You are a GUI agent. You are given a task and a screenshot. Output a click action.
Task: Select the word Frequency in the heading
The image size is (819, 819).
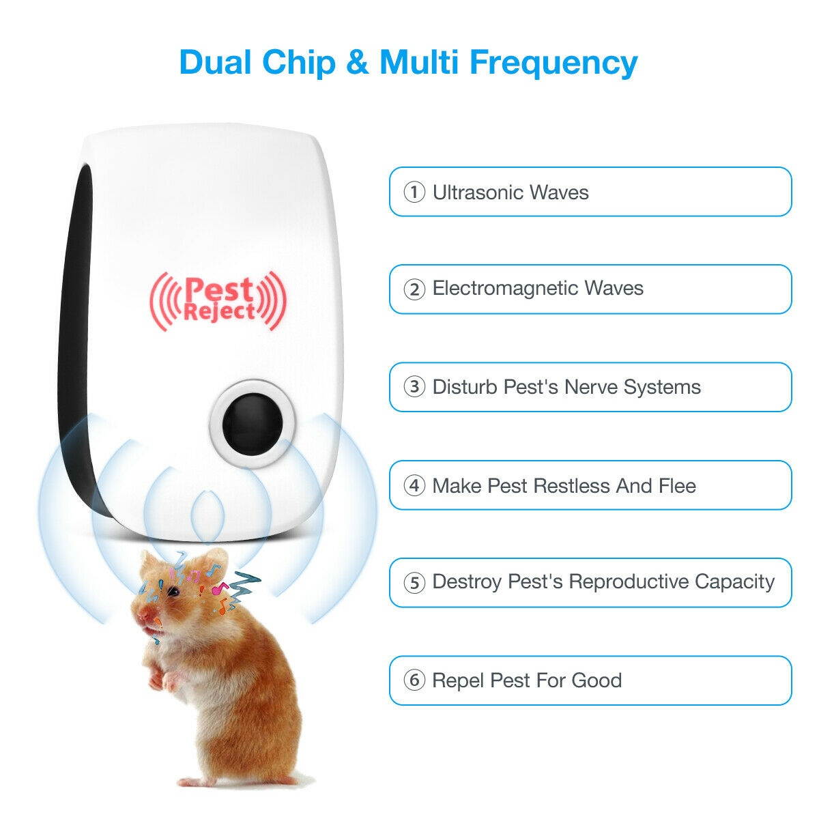coord(553,63)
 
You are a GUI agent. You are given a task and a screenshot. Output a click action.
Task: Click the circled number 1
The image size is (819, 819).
coord(414,192)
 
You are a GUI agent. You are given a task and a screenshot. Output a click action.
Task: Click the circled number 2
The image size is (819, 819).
coord(414,289)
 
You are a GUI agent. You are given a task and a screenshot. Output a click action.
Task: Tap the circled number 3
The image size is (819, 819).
coord(414,388)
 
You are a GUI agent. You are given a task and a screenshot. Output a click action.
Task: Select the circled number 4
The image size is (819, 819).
coord(414,486)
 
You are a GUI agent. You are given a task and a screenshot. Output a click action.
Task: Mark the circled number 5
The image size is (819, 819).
coord(414,583)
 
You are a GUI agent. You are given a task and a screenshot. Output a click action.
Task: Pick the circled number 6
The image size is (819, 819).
coord(414,680)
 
